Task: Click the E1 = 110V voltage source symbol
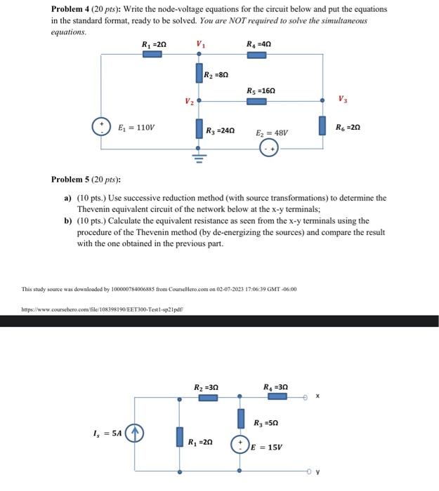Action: click(x=102, y=127)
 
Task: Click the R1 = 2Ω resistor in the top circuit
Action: click(x=152, y=53)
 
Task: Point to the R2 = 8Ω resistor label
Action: click(x=216, y=74)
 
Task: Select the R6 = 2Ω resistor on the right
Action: click(x=322, y=126)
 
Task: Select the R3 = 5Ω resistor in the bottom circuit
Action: click(x=240, y=419)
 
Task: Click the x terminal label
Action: click(x=317, y=396)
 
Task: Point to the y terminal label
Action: click(x=317, y=472)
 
